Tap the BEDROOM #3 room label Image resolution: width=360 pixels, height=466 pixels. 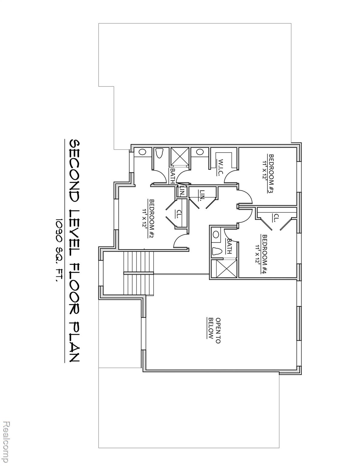(x=271, y=174)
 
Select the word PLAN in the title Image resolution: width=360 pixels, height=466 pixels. (x=74, y=341)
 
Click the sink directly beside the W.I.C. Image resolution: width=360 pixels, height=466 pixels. (x=200, y=152)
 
